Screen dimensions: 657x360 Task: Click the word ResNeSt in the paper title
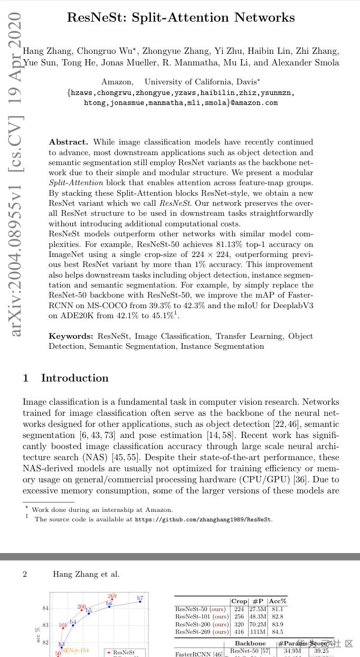(x=94, y=17)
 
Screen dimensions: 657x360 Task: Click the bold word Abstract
(x=68, y=142)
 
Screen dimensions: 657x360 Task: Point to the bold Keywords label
(x=71, y=336)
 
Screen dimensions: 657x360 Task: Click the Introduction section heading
(x=74, y=378)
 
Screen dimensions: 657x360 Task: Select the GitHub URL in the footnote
(x=204, y=519)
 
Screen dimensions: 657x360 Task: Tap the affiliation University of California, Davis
(x=200, y=82)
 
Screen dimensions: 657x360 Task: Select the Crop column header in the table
(x=239, y=601)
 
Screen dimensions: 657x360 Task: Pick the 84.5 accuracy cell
(x=277, y=632)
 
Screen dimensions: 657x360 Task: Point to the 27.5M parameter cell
(x=258, y=609)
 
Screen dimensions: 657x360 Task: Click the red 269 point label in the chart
(x=112, y=596)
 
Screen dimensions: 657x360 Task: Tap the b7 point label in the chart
(x=140, y=598)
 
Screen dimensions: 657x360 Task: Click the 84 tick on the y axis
(x=46, y=608)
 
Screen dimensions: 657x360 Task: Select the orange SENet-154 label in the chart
(x=75, y=651)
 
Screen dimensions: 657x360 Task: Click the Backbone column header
(x=250, y=643)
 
